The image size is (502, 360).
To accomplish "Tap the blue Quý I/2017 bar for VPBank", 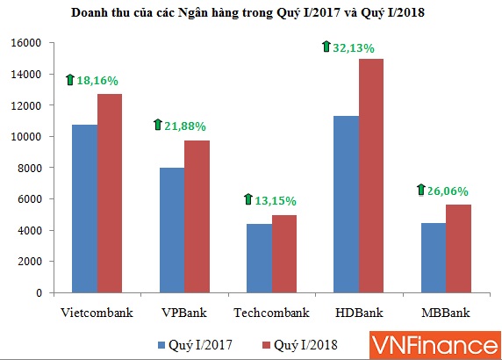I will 172,229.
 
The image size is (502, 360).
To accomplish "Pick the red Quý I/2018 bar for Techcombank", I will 284,253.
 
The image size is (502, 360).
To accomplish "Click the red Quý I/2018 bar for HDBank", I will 372,175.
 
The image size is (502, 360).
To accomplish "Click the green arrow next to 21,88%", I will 159,125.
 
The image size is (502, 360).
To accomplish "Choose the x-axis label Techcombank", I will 272,313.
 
